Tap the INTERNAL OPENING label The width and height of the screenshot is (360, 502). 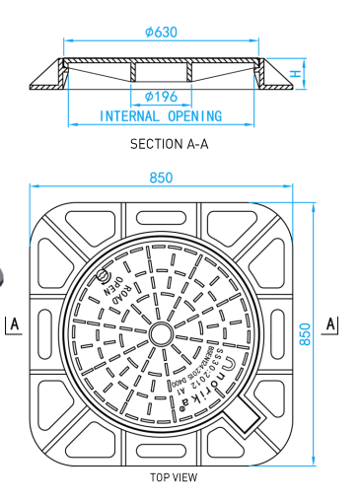coord(161,115)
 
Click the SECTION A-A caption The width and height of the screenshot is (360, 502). coord(170,144)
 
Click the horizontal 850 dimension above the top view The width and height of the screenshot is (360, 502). coord(161,178)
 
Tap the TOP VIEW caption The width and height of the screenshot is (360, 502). coord(174,477)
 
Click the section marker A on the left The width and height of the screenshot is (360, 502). coord(15,324)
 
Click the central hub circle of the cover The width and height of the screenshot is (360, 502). coord(159,333)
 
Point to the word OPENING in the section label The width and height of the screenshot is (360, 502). coord(194,115)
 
